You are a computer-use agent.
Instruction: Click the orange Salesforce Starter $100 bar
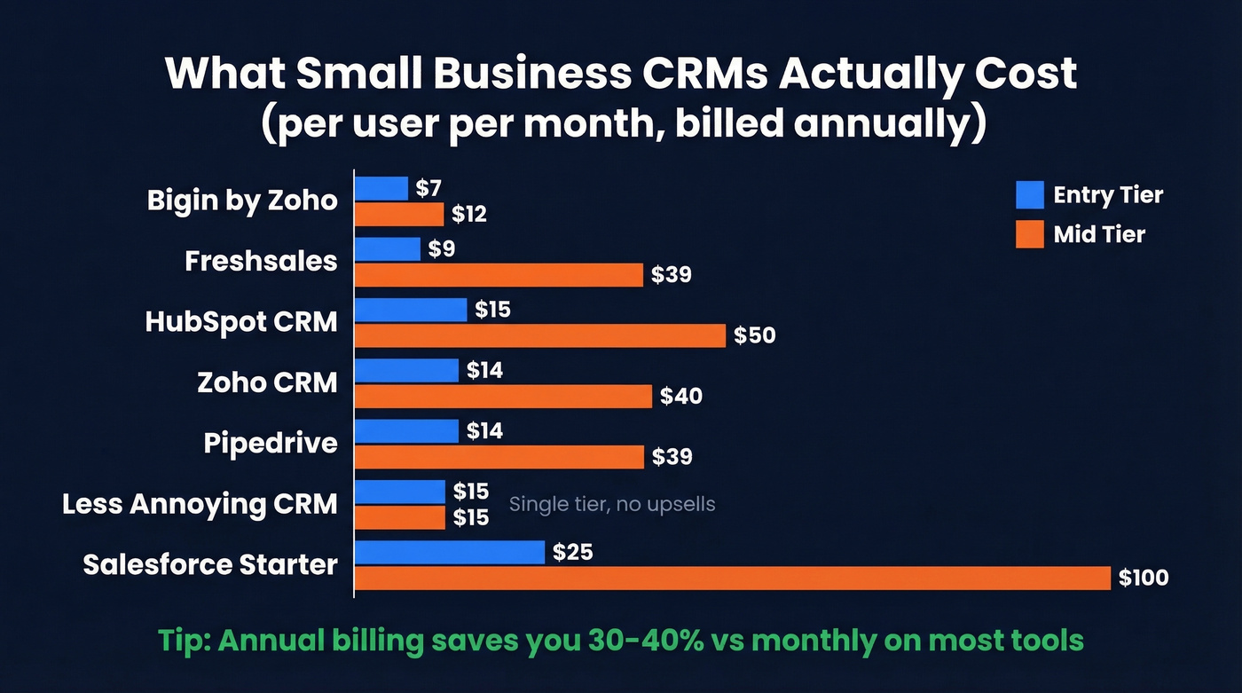[732, 578]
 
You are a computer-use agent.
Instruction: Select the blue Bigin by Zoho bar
[381, 188]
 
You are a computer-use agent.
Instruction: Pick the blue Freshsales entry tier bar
[388, 249]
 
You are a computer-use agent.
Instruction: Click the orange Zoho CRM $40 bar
[503, 396]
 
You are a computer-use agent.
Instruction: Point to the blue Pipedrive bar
[406, 431]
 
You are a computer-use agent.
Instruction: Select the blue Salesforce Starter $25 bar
[449, 552]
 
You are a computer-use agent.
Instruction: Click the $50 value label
[754, 335]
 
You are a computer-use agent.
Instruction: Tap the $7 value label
[428, 188]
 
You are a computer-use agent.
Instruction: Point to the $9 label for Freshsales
[441, 249]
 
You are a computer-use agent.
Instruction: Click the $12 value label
[468, 215]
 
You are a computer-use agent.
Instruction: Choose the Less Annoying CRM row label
[200, 504]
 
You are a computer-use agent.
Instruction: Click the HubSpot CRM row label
[241, 321]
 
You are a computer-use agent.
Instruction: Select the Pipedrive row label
[271, 443]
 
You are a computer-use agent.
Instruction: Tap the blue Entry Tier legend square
[1029, 194]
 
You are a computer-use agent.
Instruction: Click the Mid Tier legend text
[1099, 234]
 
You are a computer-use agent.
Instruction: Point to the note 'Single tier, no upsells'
[612, 504]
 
